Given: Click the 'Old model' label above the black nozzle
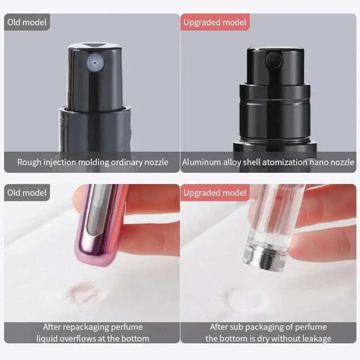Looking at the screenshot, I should (28, 22).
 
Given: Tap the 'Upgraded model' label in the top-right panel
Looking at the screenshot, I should (215, 22).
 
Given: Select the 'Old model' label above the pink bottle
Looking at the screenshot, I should (28, 192).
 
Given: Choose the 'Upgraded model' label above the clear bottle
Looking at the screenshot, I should (215, 192).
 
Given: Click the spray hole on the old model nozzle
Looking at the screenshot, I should (93, 61).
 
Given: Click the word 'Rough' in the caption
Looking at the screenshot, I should (32, 163).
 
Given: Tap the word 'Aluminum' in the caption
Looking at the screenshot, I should (204, 163).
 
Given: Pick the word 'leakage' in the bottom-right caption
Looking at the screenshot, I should (313, 338).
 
